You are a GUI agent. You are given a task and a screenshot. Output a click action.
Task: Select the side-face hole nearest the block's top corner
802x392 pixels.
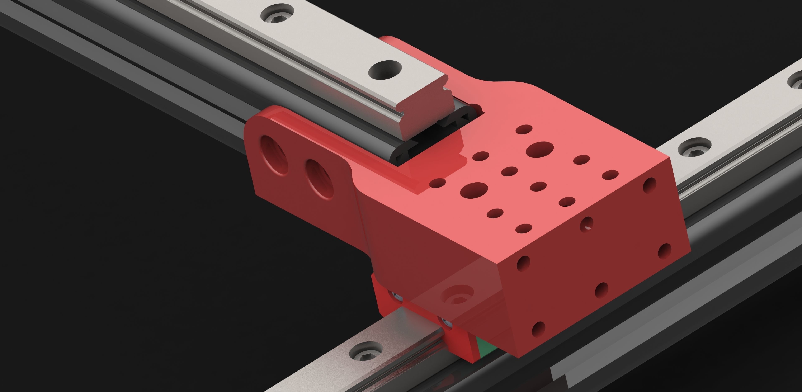(x=649, y=184)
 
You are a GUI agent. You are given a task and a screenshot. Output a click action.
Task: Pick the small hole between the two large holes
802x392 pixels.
(x=510, y=171)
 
